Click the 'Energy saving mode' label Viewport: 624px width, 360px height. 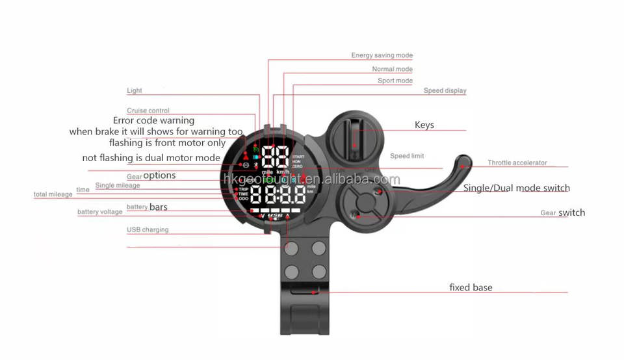[382, 56]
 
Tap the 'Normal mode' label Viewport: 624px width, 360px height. [392, 70]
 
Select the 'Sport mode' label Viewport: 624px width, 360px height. [395, 81]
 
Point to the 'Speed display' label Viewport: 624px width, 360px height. [445, 91]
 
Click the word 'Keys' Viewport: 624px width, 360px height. [424, 125]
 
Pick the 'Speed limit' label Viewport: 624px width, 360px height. [407, 157]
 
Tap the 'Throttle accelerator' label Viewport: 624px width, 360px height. [517, 163]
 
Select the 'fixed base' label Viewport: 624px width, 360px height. [471, 287]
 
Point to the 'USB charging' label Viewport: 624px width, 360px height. [148, 230]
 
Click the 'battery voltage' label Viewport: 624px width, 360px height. [99, 212]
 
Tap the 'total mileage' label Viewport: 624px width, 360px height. [53, 195]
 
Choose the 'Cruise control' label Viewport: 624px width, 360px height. [148, 111]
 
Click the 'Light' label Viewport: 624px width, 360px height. [134, 91]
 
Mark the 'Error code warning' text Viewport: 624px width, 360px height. [153, 121]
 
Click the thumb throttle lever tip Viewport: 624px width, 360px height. [463, 162]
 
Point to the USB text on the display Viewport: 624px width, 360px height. [274, 216]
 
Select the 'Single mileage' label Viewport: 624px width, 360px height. [117, 186]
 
